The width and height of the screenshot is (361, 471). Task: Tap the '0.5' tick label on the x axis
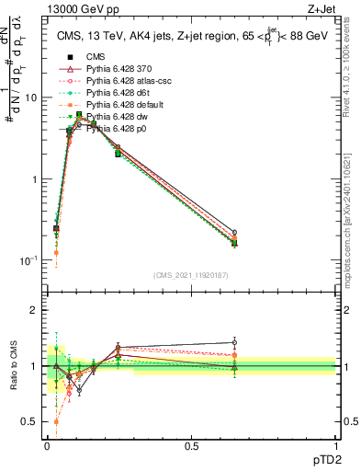click(192, 444)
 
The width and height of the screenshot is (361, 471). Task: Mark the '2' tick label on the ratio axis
click(35, 311)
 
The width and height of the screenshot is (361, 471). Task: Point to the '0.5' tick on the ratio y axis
click(30, 422)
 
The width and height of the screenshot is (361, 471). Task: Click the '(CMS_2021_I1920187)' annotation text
click(191, 275)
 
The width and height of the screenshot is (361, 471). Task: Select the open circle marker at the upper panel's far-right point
click(234, 233)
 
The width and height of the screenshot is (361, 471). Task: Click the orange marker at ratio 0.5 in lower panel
click(57, 421)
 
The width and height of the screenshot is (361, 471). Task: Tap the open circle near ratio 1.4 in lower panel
click(234, 342)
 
